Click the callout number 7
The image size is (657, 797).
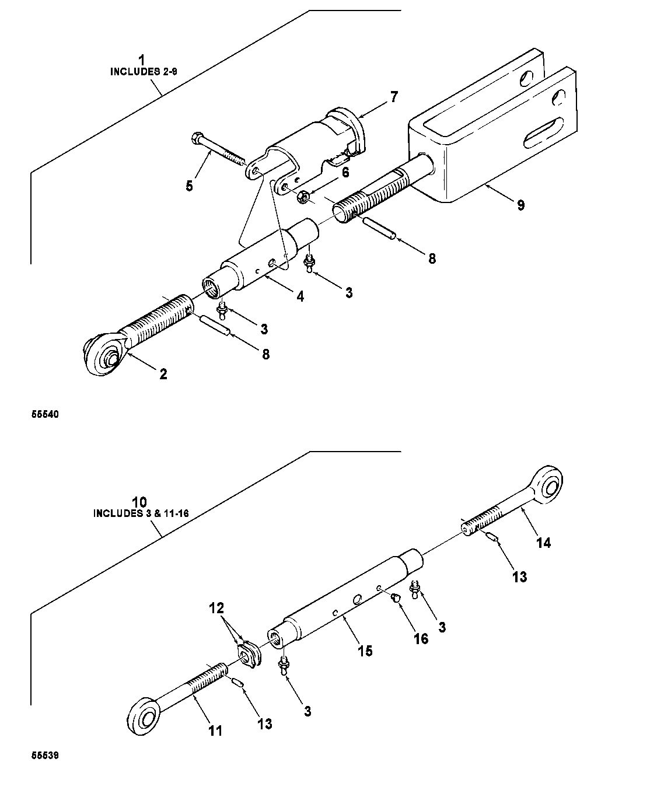(x=394, y=97)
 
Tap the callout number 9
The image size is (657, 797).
(x=520, y=205)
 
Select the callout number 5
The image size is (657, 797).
(x=190, y=186)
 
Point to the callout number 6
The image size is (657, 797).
(x=345, y=173)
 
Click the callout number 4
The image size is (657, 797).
(x=300, y=296)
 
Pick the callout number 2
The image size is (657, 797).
(x=163, y=375)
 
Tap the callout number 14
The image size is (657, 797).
(x=544, y=543)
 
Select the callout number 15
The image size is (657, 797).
(x=365, y=651)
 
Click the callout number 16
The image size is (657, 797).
(x=421, y=639)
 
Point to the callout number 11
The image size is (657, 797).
(x=215, y=731)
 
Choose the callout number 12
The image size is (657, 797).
(x=216, y=608)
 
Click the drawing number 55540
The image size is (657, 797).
(x=45, y=414)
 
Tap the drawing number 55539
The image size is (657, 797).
(x=45, y=756)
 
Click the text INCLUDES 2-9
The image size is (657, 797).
(x=144, y=72)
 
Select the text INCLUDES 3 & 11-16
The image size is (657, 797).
(x=141, y=513)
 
